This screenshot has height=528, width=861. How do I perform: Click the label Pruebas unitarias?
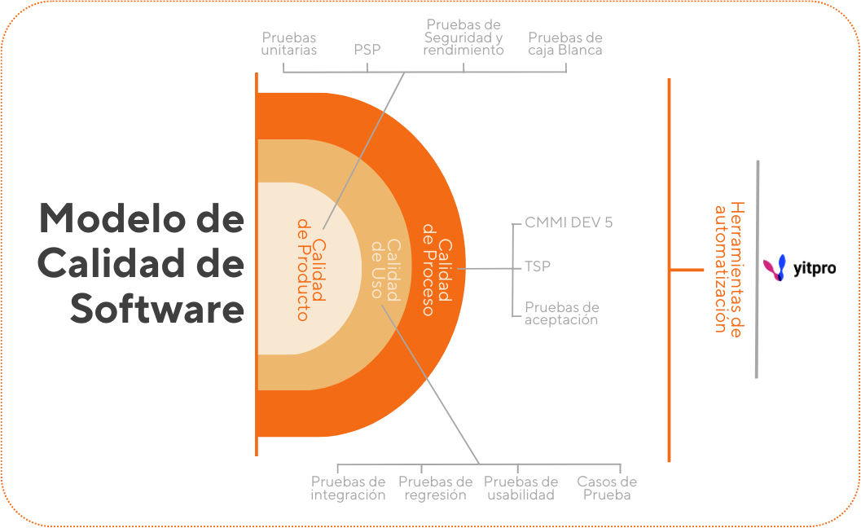pyautogui.click(x=289, y=44)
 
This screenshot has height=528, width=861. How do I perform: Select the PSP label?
pyautogui.click(x=367, y=50)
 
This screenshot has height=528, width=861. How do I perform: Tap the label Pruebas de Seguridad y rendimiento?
pyautogui.click(x=463, y=37)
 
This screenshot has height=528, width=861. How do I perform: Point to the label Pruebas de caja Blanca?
pyautogui.click(x=565, y=44)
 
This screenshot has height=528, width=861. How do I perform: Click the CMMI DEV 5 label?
pyautogui.click(x=569, y=222)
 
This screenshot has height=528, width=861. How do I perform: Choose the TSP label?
pyautogui.click(x=538, y=266)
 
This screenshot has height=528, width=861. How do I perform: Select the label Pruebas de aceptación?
pyautogui.click(x=562, y=314)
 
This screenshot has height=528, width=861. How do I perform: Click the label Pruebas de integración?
pyautogui.click(x=348, y=488)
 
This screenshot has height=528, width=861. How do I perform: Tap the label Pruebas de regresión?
pyautogui.click(x=435, y=488)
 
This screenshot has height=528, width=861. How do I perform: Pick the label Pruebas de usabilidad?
pyautogui.click(x=521, y=488)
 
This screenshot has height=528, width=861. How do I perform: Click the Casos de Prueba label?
pyautogui.click(x=607, y=488)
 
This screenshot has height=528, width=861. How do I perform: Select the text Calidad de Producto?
pyautogui.click(x=310, y=269)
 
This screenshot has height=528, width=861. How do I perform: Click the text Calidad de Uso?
pyautogui.click(x=385, y=269)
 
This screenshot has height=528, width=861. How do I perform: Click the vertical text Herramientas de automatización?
pyautogui.click(x=727, y=269)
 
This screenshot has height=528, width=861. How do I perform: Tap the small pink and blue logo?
pyautogui.click(x=778, y=268)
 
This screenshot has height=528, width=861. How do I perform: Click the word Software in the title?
pyautogui.click(x=156, y=310)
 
